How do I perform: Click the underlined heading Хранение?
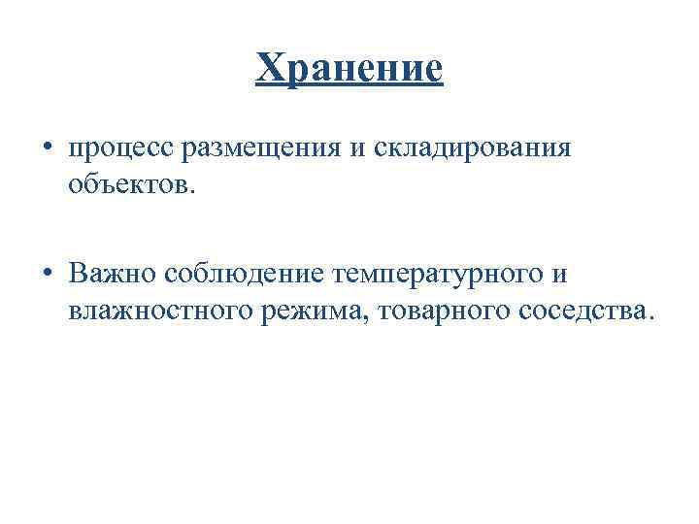349,70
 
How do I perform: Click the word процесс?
112,149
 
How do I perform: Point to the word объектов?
128,181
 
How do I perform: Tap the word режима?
305,310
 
